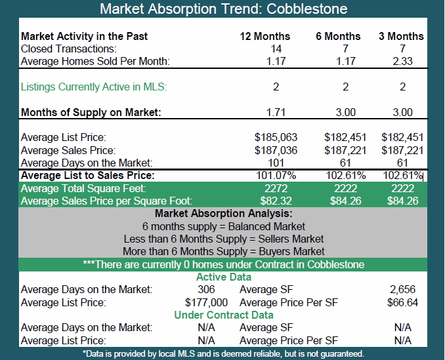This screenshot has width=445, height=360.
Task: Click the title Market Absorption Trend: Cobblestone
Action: [224, 9]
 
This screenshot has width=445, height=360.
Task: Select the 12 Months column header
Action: [265, 36]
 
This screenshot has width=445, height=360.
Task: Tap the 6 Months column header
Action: [338, 36]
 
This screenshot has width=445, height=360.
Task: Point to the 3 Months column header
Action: [401, 36]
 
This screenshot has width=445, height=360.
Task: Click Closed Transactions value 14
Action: [276, 49]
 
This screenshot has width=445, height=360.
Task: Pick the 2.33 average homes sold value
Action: [402, 61]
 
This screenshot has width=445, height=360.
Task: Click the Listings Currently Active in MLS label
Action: [94, 87]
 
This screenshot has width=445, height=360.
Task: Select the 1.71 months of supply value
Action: [276, 113]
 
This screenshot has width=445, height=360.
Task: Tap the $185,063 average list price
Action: [276, 138]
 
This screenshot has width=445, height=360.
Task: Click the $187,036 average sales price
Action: [276, 150]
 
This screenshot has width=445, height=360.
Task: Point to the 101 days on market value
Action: [276, 163]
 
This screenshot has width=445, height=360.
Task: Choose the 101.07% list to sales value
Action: [276, 176]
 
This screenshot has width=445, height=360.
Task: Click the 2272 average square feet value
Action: [276, 188]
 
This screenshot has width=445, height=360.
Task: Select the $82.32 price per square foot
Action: [276, 201]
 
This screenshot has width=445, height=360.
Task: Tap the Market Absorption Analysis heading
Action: [224, 214]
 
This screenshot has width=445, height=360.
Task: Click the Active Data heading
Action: [224, 277]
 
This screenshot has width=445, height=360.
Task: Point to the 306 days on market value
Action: [206, 289]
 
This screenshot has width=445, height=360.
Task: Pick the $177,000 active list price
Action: [206, 302]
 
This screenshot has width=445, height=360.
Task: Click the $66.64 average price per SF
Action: [402, 302]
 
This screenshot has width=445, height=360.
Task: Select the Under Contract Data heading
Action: [224, 315]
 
